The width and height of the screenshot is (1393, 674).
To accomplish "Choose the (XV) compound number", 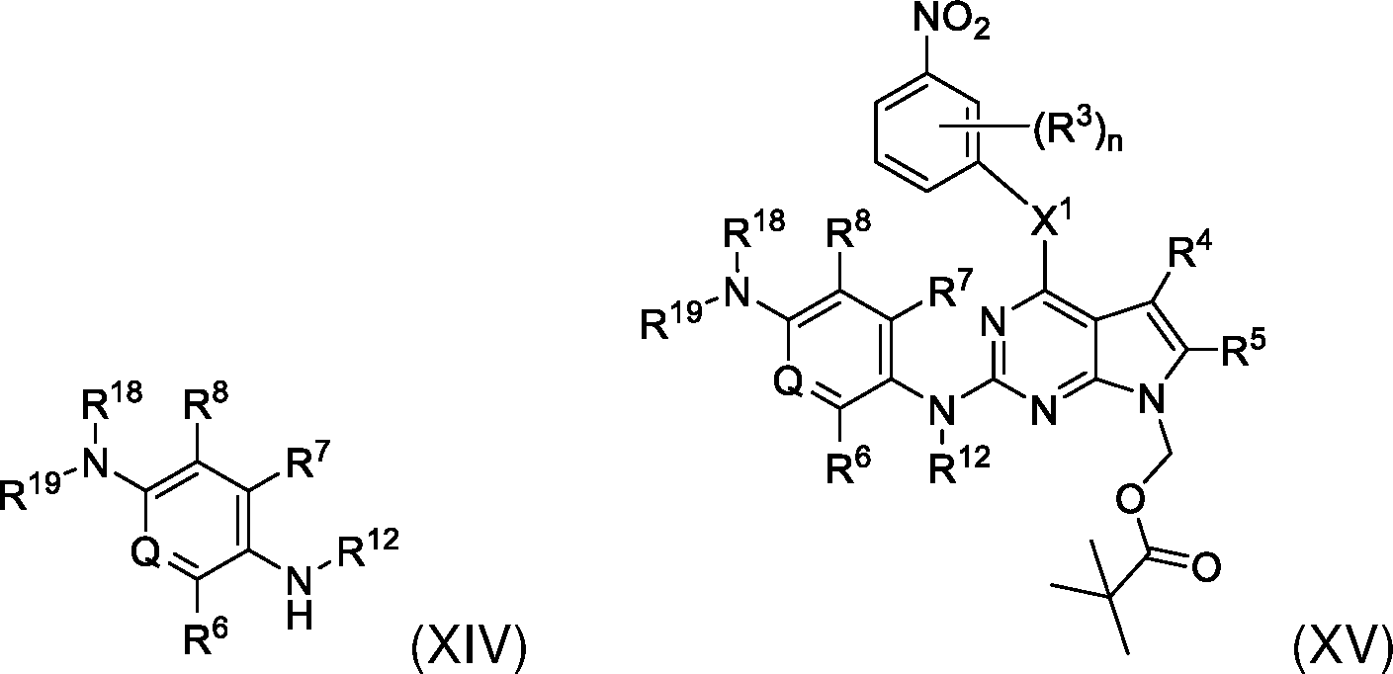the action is click(1342, 650).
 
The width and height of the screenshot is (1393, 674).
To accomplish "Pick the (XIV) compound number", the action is click(469, 650).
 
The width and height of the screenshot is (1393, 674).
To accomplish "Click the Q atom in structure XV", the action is click(787, 381).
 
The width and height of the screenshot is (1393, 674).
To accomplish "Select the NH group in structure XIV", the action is click(300, 598).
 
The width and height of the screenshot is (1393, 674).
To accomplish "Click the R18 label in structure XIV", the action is click(112, 401).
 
